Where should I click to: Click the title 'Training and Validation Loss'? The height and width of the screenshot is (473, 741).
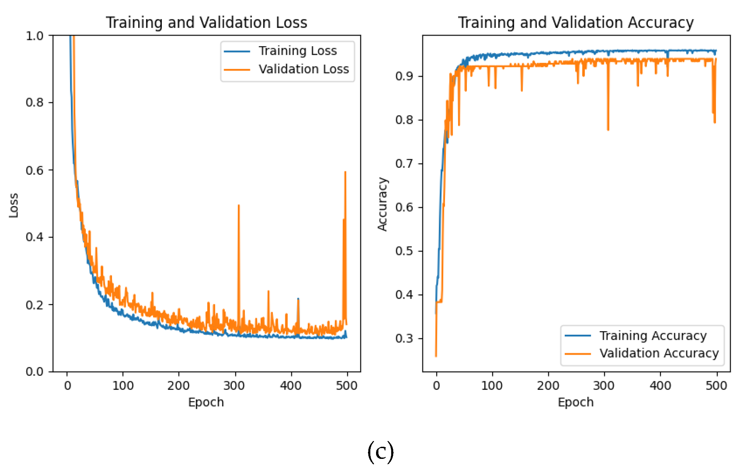207,23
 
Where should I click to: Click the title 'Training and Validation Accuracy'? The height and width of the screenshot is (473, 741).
576,23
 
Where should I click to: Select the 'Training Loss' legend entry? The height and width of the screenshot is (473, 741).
297,51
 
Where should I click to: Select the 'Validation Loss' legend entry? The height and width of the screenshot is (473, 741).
303,69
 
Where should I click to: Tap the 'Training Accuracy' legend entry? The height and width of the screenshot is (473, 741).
653,335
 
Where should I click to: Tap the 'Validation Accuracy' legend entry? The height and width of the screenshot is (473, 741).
659,353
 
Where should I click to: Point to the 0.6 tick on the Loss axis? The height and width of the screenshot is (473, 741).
35,170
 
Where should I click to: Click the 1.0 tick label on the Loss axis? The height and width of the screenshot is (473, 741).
35,36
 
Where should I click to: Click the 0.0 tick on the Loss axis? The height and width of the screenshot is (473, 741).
35,372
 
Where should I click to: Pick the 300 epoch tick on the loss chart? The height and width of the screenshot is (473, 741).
234,386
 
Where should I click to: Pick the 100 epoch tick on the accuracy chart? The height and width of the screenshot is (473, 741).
492,386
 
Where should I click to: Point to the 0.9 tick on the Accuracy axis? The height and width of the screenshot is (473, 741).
404,76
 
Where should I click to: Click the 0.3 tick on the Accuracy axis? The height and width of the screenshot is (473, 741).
404,338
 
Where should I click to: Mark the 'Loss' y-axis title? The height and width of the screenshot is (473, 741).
13,205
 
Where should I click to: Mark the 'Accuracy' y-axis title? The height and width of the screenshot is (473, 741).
382,204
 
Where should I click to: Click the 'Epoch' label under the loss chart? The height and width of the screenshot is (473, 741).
206,402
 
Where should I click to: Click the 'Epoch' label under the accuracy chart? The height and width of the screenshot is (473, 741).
576,402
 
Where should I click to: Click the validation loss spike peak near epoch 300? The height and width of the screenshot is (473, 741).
239,206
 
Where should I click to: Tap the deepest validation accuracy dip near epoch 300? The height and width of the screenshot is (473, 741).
608,130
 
